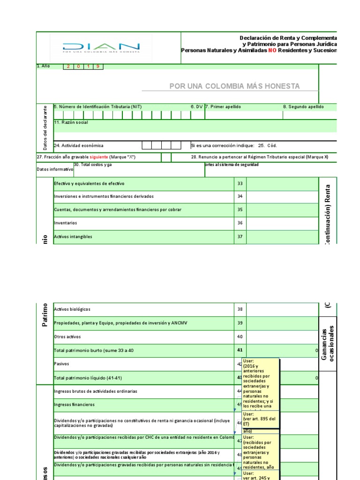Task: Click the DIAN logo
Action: point(101,48)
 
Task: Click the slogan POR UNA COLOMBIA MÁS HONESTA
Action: point(234,86)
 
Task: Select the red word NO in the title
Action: point(272,50)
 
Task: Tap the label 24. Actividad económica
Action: point(79,146)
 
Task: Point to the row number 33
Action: point(240,183)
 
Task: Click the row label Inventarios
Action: point(66,223)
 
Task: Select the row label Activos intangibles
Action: point(73,237)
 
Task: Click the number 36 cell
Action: point(240,223)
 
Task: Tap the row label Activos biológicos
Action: point(72,309)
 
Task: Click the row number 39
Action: point(240,323)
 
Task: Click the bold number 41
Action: point(240,350)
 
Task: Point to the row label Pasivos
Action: point(61,363)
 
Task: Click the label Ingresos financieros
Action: point(74,404)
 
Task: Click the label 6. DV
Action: point(196,107)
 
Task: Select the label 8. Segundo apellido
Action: point(303,107)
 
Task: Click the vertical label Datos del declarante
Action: point(45,127)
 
